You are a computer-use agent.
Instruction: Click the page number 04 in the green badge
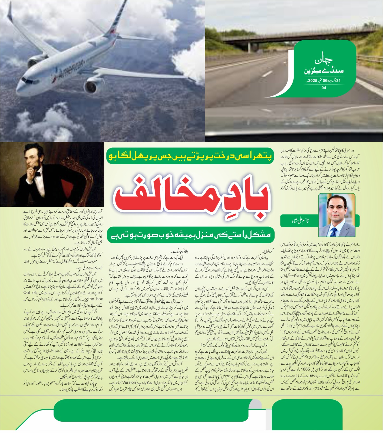coord(324,88)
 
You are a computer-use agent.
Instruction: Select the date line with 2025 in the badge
coord(323,81)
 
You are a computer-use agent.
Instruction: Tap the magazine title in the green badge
coord(323,66)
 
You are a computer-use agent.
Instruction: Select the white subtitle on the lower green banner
coord(191,235)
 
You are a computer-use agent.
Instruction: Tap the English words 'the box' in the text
coord(96,299)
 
